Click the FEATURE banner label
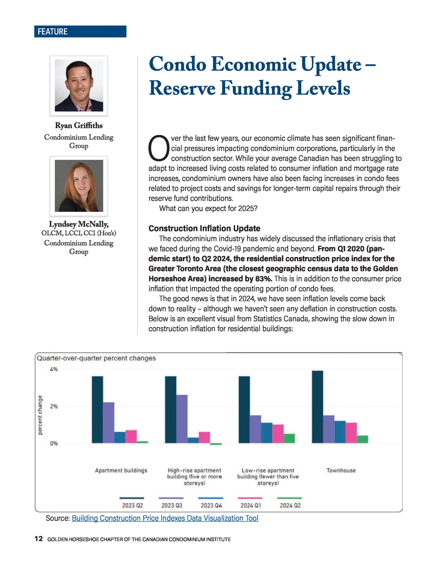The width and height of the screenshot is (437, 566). [53, 31]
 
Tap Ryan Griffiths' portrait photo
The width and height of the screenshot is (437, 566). [79, 85]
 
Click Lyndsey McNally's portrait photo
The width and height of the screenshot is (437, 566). [79, 185]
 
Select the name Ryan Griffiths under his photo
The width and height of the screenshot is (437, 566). [79, 125]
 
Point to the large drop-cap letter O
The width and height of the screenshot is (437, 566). [158, 147]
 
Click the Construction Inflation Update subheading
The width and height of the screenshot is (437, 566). [204, 228]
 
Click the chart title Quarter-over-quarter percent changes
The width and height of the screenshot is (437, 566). [96, 358]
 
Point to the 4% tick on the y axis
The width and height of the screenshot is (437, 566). [54, 369]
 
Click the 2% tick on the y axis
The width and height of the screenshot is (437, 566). [54, 406]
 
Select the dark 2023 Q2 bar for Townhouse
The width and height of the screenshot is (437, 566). [317, 407]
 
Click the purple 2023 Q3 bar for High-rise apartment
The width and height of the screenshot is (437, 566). [182, 419]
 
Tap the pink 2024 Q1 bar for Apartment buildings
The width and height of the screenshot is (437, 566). [131, 437]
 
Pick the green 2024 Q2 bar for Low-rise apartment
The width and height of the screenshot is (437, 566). [289, 438]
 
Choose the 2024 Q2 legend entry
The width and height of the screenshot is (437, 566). [290, 506]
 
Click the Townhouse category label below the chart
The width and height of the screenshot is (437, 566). [341, 470]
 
